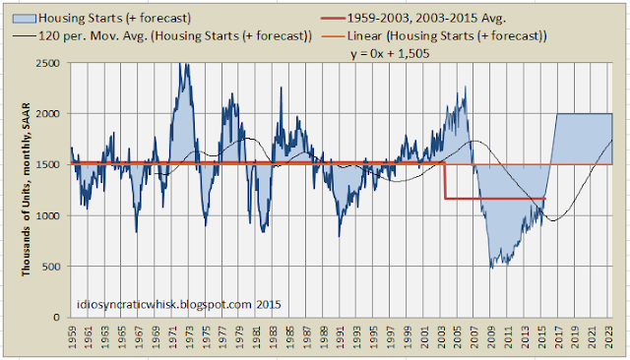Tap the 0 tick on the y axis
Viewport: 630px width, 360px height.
[x=57, y=318]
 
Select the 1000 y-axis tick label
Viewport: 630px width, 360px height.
[x=50, y=216]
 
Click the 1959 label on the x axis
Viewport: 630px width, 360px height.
[x=73, y=336]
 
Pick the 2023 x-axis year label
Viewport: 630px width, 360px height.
[x=609, y=336]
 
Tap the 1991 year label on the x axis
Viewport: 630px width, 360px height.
[x=342, y=336]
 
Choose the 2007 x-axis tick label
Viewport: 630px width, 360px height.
[x=474, y=336]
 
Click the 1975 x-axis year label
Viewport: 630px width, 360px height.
[x=207, y=336]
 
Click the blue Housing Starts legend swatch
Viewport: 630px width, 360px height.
[x=24, y=19]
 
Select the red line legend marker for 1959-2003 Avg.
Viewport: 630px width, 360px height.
[x=333, y=19]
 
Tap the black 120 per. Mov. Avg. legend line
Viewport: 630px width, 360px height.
[x=24, y=36]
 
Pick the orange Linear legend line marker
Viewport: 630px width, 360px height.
[x=333, y=36]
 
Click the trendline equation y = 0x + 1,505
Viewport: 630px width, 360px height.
[x=390, y=54]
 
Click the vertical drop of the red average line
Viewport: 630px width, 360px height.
[x=445, y=181]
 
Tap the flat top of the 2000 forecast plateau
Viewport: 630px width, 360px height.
[x=585, y=114]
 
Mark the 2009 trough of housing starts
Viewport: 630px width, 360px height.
[x=492, y=267]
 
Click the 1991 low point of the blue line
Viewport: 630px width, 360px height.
[x=339, y=235]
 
